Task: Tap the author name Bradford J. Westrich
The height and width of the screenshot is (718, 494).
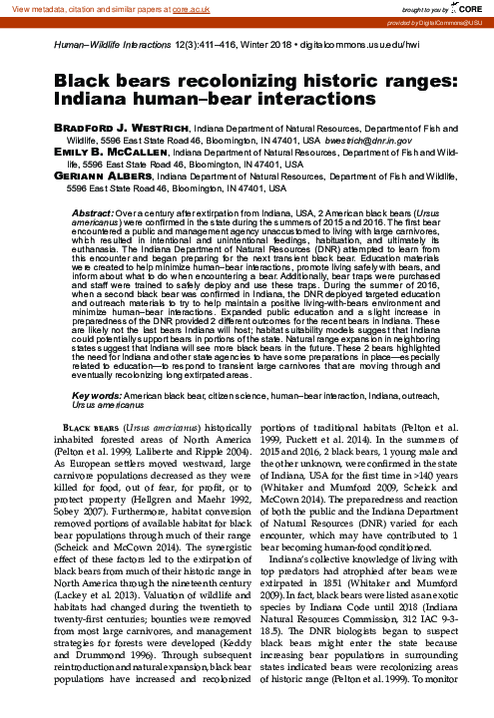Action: pos(120,130)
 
